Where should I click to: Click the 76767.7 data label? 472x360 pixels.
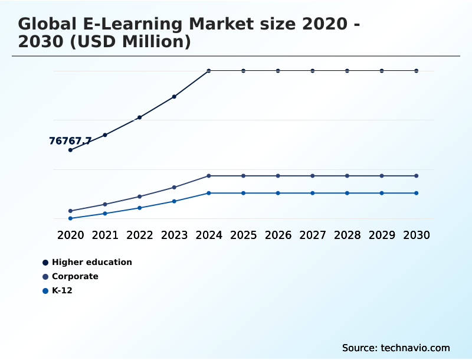(x=70, y=141)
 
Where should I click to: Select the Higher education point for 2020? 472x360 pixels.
(x=70, y=150)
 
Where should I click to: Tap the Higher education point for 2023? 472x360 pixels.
(x=174, y=97)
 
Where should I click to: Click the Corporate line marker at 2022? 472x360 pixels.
(x=140, y=197)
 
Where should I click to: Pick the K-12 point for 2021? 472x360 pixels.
(x=105, y=214)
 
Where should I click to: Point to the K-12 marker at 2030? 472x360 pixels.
(x=417, y=193)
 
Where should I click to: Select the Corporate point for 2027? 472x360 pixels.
(x=313, y=176)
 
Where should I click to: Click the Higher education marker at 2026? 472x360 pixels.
(x=278, y=71)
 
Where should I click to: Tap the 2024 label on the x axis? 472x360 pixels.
(x=209, y=235)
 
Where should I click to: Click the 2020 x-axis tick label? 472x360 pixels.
(x=70, y=235)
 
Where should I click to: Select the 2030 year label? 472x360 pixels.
(x=417, y=235)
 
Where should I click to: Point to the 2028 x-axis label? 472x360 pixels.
(x=347, y=235)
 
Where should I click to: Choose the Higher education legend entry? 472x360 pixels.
(x=91, y=262)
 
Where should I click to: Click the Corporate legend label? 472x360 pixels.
(x=75, y=276)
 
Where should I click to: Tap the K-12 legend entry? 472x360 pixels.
(x=62, y=290)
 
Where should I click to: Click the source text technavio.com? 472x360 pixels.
(x=415, y=348)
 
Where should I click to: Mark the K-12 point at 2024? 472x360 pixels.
(x=209, y=193)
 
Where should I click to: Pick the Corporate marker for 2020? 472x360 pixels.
(x=70, y=211)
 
